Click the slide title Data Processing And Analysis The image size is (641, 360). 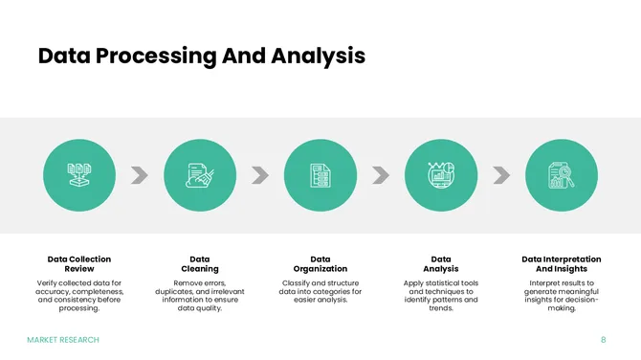pyautogui.click(x=201, y=56)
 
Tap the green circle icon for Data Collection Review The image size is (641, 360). pyautogui.click(x=79, y=174)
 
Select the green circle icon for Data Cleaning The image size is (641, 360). pyautogui.click(x=200, y=174)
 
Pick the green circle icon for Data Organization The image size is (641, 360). pyautogui.click(x=320, y=174)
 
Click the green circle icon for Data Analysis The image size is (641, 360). pyautogui.click(x=441, y=174)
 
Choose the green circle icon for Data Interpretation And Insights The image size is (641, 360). pyautogui.click(x=562, y=174)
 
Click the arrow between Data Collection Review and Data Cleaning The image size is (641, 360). pyautogui.click(x=140, y=174)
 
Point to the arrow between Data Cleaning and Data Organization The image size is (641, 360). pyautogui.click(x=260, y=174)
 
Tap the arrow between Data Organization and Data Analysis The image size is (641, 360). pyautogui.click(x=381, y=174)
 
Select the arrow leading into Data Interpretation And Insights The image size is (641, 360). pyautogui.click(x=501, y=174)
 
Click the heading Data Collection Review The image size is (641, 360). pyautogui.click(x=79, y=264)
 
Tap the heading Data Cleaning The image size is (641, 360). pyautogui.click(x=200, y=264)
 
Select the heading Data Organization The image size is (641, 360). pyautogui.click(x=320, y=264)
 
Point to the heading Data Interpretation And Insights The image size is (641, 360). pyautogui.click(x=562, y=264)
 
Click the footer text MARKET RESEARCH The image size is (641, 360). pyautogui.click(x=63, y=340)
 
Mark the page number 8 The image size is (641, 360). pyautogui.click(x=604, y=340)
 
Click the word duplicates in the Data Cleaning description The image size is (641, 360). pyautogui.click(x=176, y=292)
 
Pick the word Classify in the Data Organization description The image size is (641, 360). pyautogui.click(x=298, y=283)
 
